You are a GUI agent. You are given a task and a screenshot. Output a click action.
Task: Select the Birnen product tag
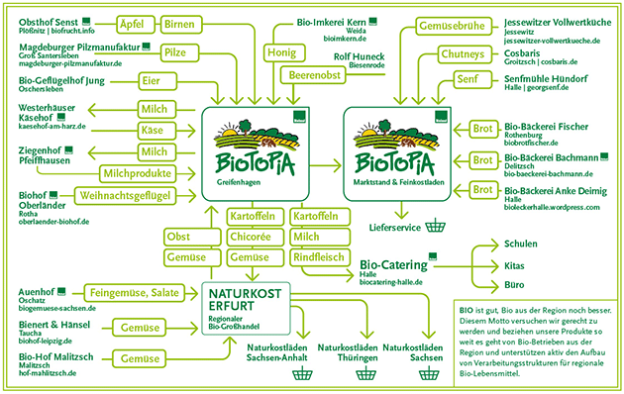[179, 23]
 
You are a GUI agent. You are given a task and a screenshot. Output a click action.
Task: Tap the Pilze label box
[174, 50]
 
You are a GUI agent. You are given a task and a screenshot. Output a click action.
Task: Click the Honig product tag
[281, 49]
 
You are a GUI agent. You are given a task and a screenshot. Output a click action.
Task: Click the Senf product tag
[470, 79]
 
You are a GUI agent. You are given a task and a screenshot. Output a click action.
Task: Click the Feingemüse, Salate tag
[135, 294]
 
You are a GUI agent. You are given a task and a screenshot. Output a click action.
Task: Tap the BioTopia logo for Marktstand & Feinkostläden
[393, 148]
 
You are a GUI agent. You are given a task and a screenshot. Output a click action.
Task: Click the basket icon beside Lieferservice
[433, 226]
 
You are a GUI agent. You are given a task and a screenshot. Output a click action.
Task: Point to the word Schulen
[520, 243]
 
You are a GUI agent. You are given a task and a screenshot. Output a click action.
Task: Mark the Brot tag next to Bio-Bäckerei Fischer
[482, 129]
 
